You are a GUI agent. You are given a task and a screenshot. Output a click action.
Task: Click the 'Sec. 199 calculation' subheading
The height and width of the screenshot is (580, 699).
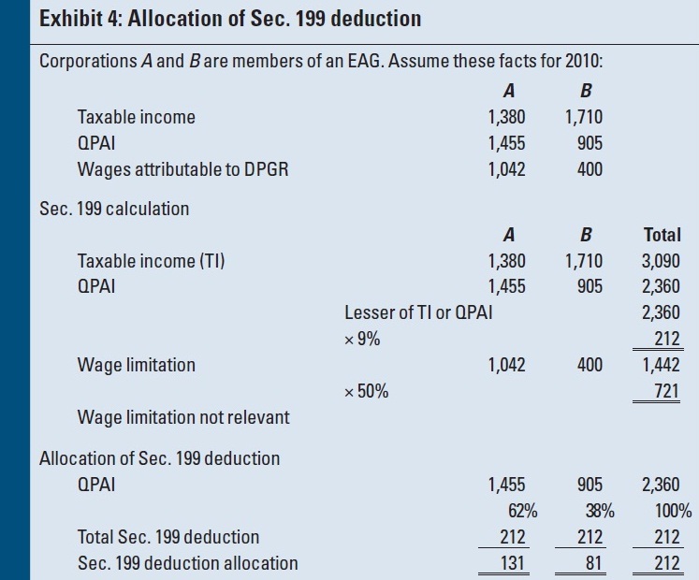(x=114, y=209)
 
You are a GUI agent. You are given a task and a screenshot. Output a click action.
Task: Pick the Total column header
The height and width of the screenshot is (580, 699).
(x=663, y=235)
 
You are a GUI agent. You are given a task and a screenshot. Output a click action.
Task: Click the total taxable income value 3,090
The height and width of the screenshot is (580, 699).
(x=662, y=261)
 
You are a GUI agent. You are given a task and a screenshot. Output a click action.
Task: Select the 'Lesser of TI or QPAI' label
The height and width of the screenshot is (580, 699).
(x=418, y=313)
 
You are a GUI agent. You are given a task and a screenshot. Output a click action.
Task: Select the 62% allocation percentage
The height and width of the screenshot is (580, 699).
(x=510, y=511)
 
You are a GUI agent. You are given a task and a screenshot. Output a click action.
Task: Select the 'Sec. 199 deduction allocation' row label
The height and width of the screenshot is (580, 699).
(x=188, y=563)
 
